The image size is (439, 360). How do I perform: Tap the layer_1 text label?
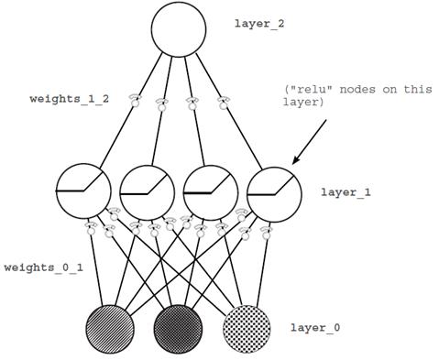[344, 193]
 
